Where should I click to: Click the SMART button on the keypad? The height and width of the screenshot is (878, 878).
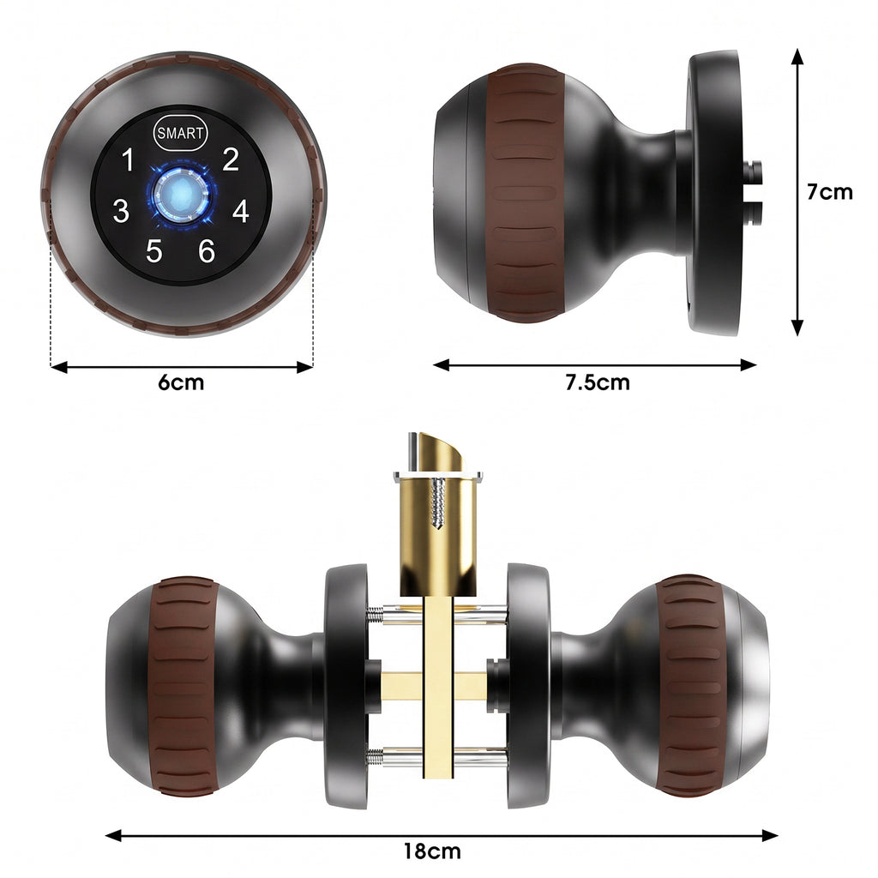(180, 133)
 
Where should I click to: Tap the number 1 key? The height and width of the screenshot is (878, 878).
(129, 159)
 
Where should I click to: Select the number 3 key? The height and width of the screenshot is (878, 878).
(121, 211)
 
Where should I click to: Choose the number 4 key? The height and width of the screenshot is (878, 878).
(241, 211)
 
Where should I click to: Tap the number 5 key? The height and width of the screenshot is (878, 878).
(154, 251)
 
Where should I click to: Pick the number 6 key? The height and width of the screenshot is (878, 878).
(207, 251)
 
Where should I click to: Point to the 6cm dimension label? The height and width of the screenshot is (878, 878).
(181, 382)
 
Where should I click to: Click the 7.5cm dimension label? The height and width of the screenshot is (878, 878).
(597, 382)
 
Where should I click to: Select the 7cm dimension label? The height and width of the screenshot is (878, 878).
(829, 192)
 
